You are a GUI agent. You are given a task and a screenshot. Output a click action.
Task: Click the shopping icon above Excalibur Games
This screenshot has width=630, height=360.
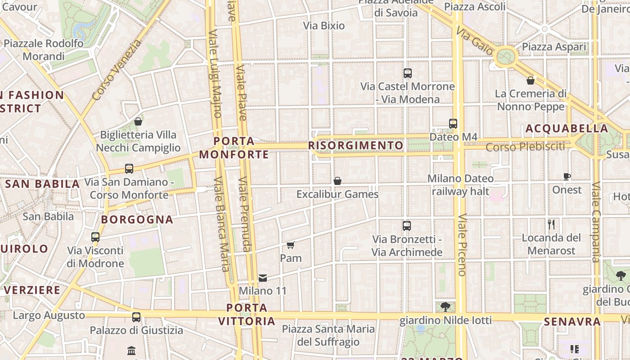click(x=337, y=181)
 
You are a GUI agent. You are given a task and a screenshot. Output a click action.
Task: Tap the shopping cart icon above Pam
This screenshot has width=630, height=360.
click(x=291, y=245)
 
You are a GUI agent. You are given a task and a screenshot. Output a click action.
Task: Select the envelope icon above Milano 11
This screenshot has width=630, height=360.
click(x=263, y=278)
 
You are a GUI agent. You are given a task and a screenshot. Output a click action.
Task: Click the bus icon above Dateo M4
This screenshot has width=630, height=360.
click(x=453, y=123)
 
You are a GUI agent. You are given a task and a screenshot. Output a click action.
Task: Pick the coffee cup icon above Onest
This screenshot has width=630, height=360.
click(x=567, y=177)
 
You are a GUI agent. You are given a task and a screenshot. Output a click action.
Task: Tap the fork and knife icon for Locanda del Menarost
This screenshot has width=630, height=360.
click(x=551, y=225)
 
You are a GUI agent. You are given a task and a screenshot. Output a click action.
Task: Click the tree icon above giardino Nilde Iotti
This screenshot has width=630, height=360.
click(x=445, y=307)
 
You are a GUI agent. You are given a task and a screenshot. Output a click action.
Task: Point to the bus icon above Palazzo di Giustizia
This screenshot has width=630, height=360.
click(x=136, y=317)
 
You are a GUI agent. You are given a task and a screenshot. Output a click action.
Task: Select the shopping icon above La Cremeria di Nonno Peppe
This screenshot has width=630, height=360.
click(x=531, y=81)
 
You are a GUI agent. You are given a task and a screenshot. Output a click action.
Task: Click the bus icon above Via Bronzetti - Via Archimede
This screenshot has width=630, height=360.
click(x=407, y=226)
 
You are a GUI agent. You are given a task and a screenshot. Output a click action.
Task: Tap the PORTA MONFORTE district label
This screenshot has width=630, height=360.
click(x=234, y=148)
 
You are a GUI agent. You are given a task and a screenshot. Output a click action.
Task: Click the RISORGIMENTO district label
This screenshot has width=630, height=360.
click(x=355, y=146)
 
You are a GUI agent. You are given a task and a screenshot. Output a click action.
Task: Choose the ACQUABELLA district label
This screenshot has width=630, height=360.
click(x=567, y=129)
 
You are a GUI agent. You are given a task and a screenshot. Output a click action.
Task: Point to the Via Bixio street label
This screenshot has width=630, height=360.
click(x=324, y=26)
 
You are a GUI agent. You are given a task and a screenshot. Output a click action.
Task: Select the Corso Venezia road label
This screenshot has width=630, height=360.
click(x=117, y=70)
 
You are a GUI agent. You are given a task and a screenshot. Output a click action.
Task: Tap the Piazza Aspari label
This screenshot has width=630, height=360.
click(x=554, y=47)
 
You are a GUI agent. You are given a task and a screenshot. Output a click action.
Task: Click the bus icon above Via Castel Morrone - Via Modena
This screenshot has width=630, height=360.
click(x=408, y=73)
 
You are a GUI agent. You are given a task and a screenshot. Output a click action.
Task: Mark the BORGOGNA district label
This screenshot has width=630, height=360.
click(x=137, y=220)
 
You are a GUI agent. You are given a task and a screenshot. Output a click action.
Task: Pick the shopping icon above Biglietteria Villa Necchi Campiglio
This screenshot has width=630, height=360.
click(x=138, y=121)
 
